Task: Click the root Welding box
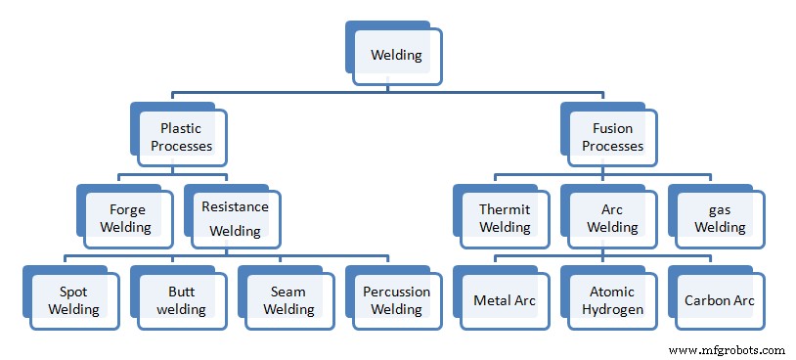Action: click(x=396, y=55)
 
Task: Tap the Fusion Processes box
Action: click(x=612, y=137)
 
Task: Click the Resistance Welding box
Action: click(x=235, y=218)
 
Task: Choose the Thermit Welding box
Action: click(x=504, y=218)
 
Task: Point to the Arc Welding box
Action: click(x=612, y=218)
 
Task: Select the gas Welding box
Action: click(x=720, y=218)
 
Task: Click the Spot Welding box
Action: click(x=73, y=300)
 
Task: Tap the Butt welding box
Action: click(x=181, y=300)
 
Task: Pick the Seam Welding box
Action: click(x=288, y=300)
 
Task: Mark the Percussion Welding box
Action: click(x=396, y=300)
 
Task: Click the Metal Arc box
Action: click(x=504, y=300)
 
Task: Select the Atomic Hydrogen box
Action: click(x=612, y=300)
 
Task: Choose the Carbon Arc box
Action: click(x=720, y=300)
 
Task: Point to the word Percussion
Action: click(x=396, y=292)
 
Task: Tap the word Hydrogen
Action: click(x=612, y=309)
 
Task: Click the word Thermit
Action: click(x=504, y=209)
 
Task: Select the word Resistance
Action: click(x=235, y=206)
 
